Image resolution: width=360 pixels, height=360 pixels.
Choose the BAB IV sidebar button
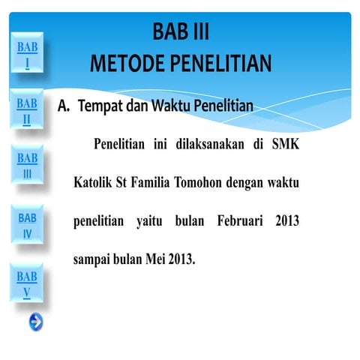(27, 226)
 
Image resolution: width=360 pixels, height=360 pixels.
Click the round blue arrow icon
(35, 322)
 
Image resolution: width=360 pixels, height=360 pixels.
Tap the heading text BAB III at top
(181, 31)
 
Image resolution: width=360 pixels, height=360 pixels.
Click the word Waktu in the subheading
(172, 106)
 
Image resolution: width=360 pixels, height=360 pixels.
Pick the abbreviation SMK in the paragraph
(285, 144)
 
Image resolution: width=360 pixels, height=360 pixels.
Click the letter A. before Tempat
(64, 106)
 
